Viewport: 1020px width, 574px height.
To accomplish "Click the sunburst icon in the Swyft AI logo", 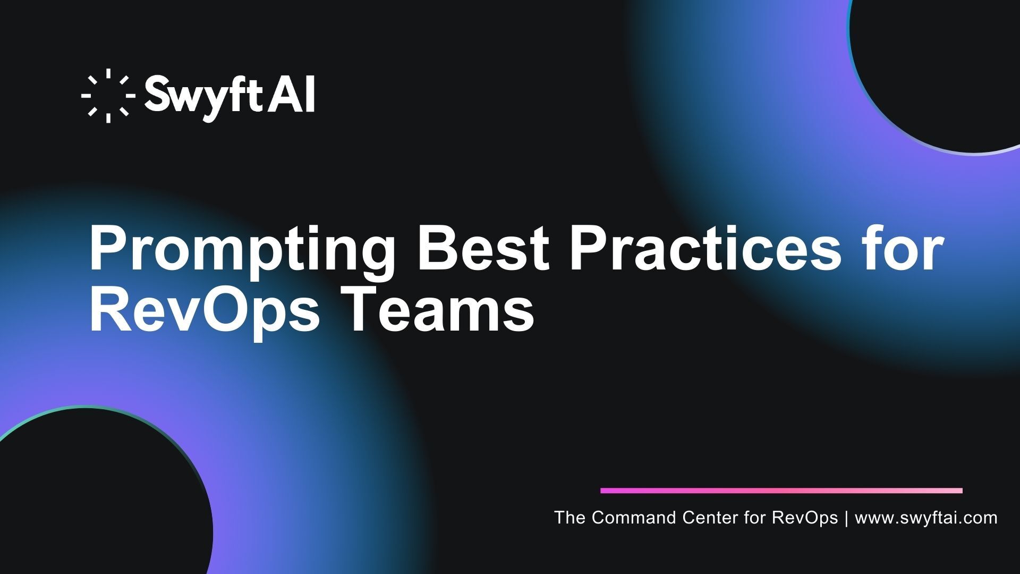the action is [x=108, y=96].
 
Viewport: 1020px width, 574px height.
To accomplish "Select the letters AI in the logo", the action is [x=292, y=94].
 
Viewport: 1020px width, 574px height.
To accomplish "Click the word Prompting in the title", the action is [x=242, y=250].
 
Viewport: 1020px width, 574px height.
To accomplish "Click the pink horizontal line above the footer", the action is [x=781, y=491].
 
